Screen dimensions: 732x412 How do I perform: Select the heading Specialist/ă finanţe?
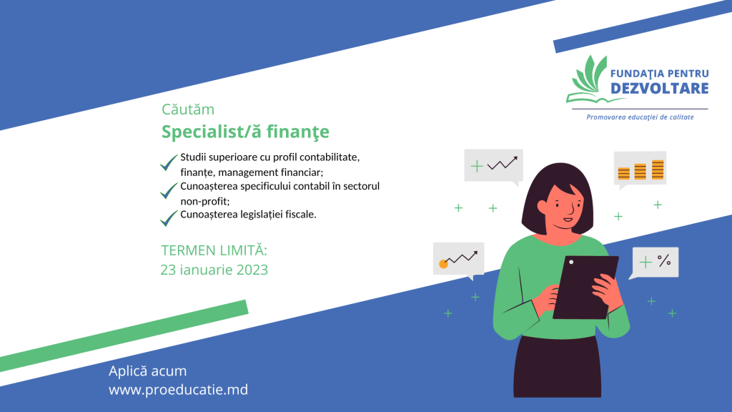(x=245, y=132)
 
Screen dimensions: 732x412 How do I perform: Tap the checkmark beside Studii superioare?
(x=169, y=162)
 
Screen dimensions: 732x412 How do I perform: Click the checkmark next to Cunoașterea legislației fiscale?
(x=169, y=218)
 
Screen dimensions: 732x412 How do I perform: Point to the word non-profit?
(x=204, y=201)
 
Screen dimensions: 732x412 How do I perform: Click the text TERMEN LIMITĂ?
(x=214, y=250)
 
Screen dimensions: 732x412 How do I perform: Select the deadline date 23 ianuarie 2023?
(x=214, y=270)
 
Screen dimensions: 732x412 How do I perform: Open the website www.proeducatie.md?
(x=178, y=390)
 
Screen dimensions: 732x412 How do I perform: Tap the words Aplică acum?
(x=147, y=371)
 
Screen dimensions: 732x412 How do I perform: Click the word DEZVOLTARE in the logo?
(x=660, y=88)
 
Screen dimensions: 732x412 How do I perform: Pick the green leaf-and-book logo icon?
(x=588, y=79)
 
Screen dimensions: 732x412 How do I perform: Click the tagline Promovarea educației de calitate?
(x=640, y=117)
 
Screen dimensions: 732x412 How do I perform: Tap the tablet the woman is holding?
(x=585, y=288)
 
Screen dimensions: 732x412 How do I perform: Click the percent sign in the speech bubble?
(x=664, y=260)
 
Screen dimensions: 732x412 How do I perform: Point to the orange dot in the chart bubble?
(x=443, y=265)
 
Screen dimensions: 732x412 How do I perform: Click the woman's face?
(x=563, y=206)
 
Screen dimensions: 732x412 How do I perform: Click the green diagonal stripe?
(x=124, y=335)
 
